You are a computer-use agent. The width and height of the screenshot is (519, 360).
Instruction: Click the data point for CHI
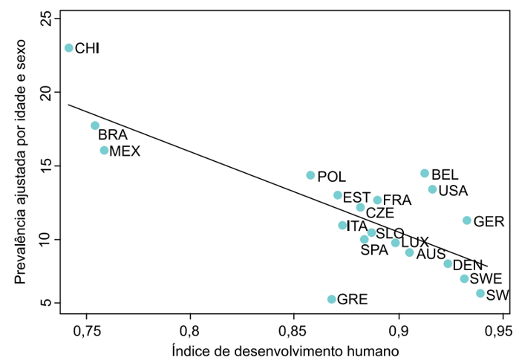tap(69, 48)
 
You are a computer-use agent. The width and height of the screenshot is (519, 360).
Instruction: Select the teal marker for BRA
tap(95, 125)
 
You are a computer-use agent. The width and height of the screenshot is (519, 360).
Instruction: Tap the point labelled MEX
tap(105, 150)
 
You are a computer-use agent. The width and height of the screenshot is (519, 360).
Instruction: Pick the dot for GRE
tap(332, 299)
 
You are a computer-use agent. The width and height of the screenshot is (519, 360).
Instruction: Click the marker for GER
tap(467, 220)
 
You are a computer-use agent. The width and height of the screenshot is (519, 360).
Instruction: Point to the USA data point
tap(432, 189)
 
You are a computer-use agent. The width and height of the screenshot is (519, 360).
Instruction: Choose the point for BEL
tap(425, 173)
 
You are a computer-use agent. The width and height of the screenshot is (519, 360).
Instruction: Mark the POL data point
tap(310, 175)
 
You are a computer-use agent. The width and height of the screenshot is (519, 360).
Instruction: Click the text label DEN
tap(468, 265)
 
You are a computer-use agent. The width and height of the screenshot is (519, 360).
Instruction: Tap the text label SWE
tap(486, 279)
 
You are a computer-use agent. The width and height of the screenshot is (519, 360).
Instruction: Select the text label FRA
tap(397, 200)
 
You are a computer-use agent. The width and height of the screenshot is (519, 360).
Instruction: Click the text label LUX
tap(415, 243)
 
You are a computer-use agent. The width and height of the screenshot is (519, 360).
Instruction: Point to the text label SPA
tap(374, 250)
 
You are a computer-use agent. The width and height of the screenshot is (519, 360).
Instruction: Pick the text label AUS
tap(431, 254)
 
